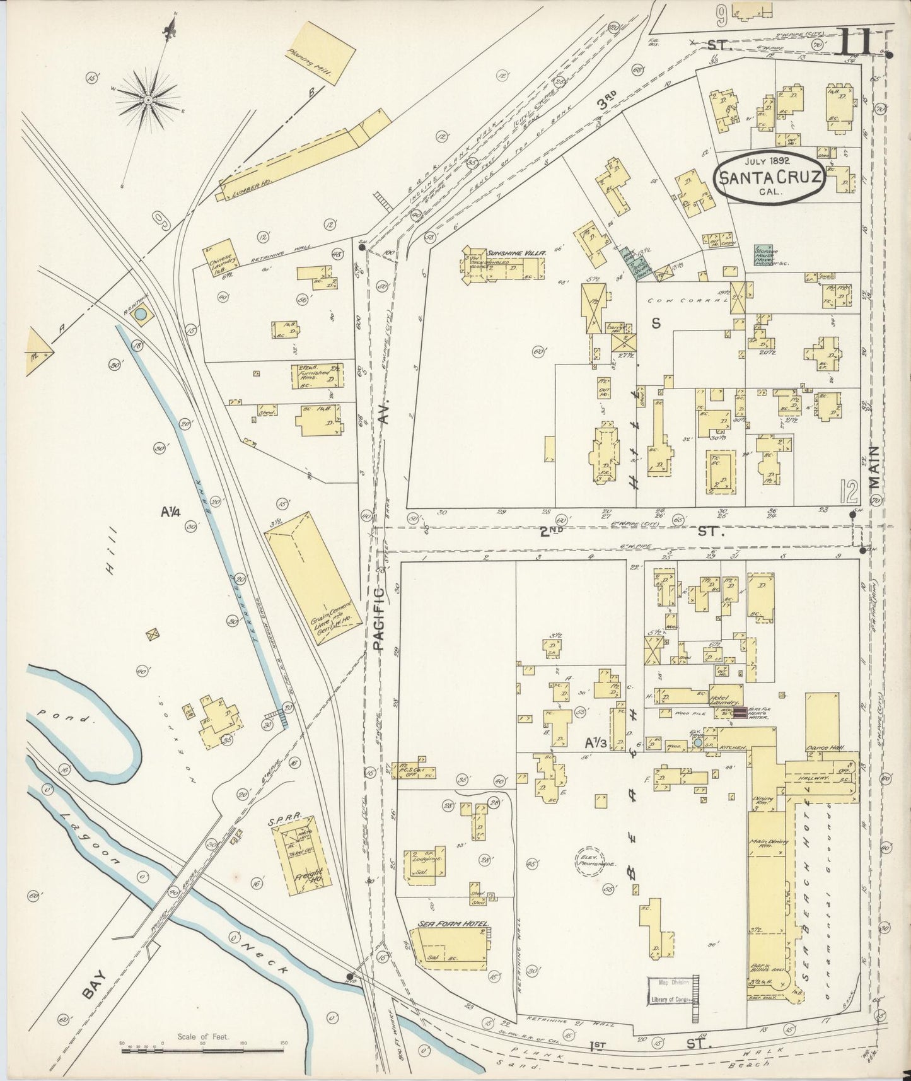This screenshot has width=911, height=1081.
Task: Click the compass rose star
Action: pos(148,100)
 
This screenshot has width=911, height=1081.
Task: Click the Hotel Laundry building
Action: pos(726,694)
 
